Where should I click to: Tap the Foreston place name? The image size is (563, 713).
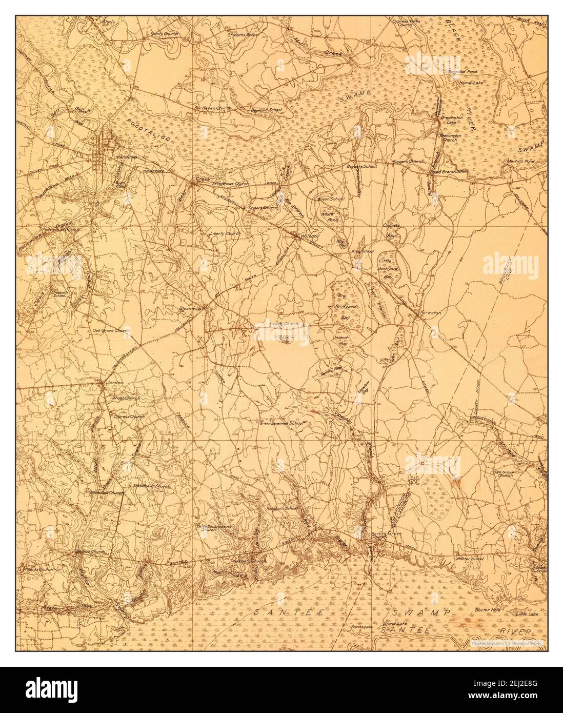click(x=428, y=311)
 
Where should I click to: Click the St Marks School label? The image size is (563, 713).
click(x=244, y=35)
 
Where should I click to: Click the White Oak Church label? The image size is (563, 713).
click(x=107, y=493)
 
